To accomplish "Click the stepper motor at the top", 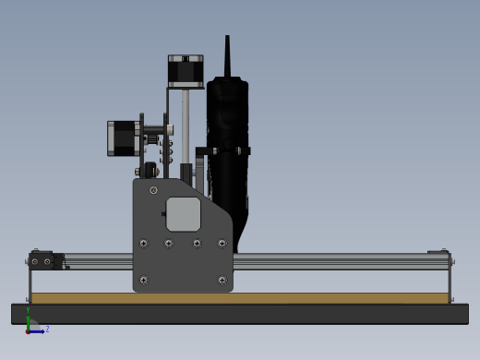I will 186,71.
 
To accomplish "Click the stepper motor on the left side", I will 122,138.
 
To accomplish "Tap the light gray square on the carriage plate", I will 183,214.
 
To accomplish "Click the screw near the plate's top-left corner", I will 153,190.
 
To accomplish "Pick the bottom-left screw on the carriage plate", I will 143,280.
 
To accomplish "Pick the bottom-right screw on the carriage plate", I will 222,280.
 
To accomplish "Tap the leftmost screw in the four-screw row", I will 143,244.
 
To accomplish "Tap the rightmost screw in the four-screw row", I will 222,244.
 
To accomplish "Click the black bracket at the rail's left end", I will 42,260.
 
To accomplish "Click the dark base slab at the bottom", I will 240,314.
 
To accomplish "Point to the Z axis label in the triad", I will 47,329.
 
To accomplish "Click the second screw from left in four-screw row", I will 168,244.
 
